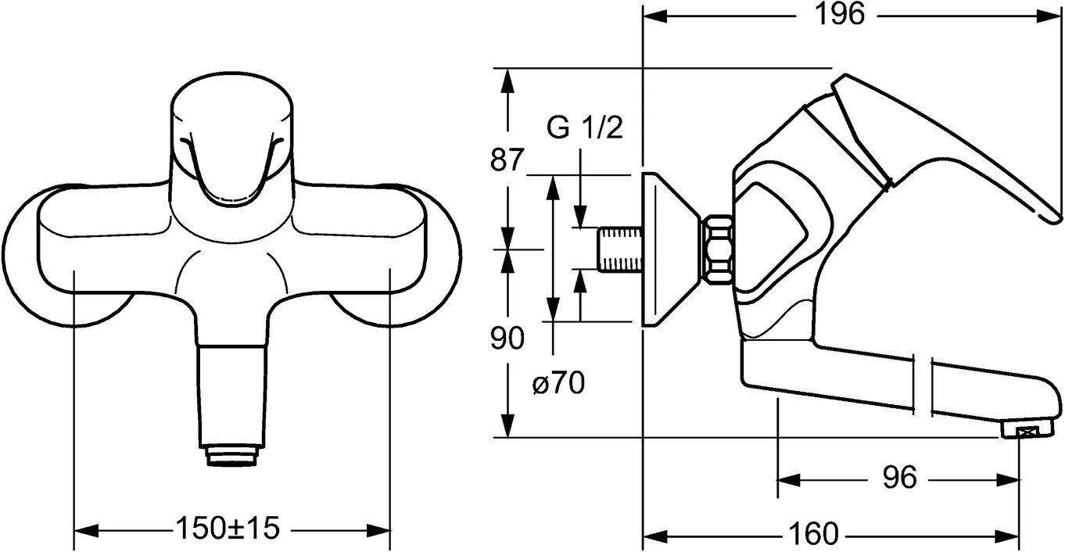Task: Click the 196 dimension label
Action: (841, 14)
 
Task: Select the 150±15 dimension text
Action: (227, 529)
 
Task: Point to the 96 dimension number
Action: (899, 477)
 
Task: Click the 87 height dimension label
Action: (506, 160)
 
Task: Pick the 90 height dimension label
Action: (507, 339)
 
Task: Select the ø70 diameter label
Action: (558, 384)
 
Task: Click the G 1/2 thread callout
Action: (584, 127)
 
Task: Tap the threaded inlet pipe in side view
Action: (619, 249)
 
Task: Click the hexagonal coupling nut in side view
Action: (718, 249)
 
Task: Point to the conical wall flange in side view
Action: (665, 249)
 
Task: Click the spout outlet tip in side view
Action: (1024, 430)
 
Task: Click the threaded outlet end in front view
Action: (232, 455)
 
